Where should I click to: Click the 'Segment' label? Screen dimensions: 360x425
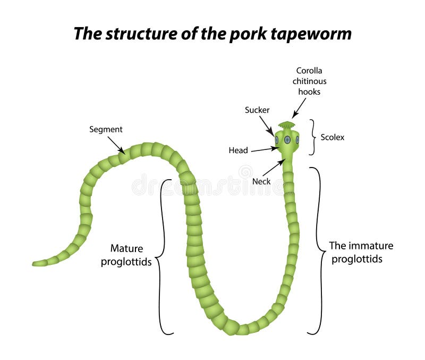[106, 129]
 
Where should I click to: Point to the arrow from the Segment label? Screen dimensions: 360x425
[116, 145]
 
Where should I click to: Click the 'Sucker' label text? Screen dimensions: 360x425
[257, 110]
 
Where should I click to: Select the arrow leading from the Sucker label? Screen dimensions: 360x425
[267, 127]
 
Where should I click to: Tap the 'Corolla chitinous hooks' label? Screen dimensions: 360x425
[310, 81]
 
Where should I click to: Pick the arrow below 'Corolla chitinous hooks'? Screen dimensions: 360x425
[299, 110]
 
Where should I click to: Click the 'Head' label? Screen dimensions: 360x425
[238, 150]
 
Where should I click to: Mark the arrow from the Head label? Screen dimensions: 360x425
[264, 149]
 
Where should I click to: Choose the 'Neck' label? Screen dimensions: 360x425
[261, 181]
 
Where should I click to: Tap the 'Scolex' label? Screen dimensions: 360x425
[333, 137]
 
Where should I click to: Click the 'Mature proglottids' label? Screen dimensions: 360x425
[126, 255]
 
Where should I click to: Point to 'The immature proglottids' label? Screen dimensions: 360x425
[361, 252]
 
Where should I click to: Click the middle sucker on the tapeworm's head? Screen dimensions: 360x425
[287, 139]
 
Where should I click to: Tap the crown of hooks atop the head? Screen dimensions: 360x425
[287, 125]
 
